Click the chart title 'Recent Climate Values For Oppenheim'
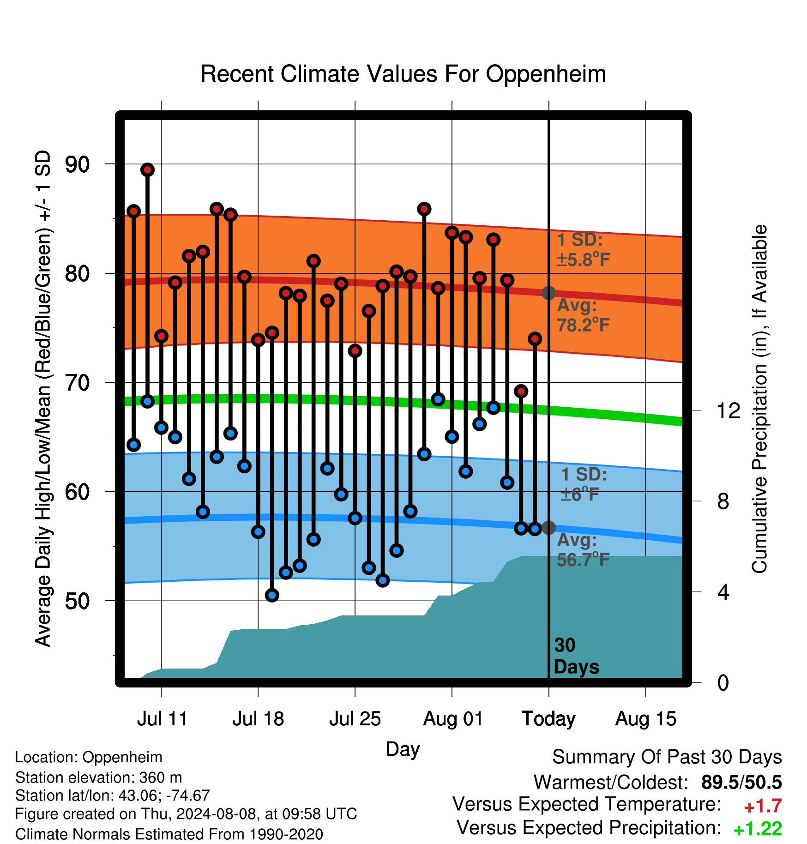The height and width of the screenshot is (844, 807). (403, 74)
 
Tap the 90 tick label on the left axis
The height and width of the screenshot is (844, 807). (78, 164)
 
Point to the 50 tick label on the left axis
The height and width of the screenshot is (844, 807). (78, 601)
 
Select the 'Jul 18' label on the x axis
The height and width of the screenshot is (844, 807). (258, 719)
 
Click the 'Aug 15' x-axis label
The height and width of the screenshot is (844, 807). (646, 719)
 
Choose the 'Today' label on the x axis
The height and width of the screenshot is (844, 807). (548, 719)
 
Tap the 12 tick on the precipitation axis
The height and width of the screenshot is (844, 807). (729, 410)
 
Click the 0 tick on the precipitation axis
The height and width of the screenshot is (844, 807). (723, 682)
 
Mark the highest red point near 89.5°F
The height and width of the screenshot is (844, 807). (147, 170)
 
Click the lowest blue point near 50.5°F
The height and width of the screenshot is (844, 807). (272, 595)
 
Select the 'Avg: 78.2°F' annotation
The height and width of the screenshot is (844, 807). (583, 315)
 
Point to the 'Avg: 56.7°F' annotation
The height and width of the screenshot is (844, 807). (583, 550)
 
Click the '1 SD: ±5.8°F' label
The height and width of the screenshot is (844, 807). (583, 250)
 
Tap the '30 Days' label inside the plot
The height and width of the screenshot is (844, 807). (576, 656)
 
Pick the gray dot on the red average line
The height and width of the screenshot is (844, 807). (548, 293)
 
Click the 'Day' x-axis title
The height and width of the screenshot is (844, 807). (403, 749)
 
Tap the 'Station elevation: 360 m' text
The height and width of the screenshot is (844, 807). (99, 778)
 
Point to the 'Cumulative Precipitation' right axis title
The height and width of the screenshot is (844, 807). (759, 399)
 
